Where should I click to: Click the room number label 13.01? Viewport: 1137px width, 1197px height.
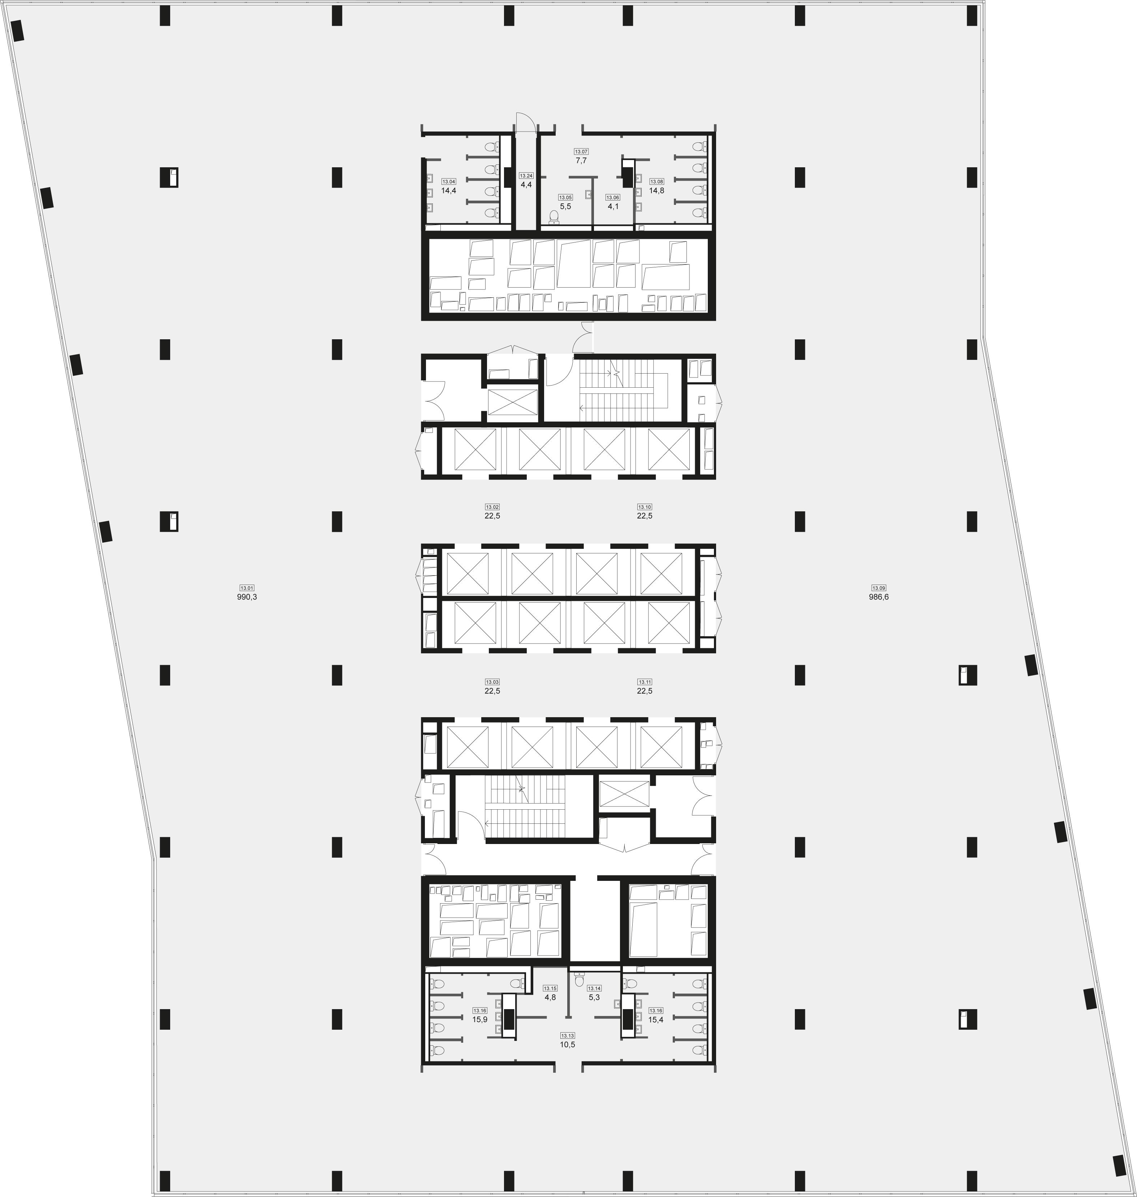[247, 588]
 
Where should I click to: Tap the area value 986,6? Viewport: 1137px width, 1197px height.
[879, 597]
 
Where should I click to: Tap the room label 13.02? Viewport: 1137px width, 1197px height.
[492, 507]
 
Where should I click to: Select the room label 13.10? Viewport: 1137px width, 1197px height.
[644, 507]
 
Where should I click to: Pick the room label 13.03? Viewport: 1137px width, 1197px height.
[492, 682]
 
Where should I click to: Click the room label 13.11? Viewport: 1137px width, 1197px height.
[644, 682]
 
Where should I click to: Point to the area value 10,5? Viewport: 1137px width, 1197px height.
[567, 1045]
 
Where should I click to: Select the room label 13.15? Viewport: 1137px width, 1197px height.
[550, 988]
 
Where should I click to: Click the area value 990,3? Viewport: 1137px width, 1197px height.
[247, 597]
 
